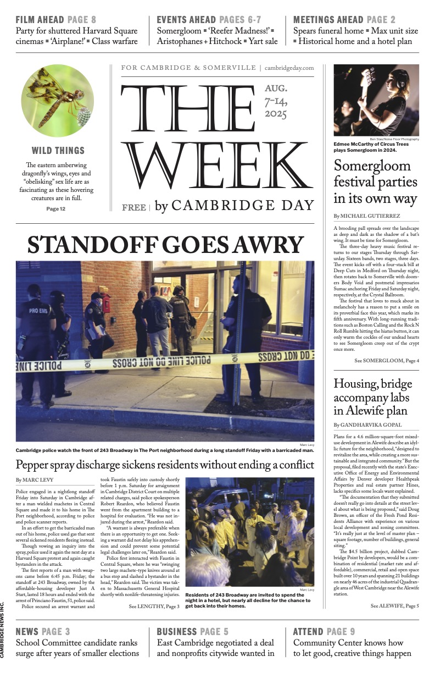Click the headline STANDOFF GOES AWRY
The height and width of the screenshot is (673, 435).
165,245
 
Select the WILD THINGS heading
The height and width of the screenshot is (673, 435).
58,151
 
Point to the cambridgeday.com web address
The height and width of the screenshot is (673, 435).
289,68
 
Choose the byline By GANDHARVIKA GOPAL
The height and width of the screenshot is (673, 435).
367,425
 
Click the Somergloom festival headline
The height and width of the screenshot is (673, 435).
372,181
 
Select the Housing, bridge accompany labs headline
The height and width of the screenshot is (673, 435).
371,397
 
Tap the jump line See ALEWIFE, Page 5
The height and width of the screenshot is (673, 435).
394,606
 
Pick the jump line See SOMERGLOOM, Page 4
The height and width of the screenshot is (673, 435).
387,360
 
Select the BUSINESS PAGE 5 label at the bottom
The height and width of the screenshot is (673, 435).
192,632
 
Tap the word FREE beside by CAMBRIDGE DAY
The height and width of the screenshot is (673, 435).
134,207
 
